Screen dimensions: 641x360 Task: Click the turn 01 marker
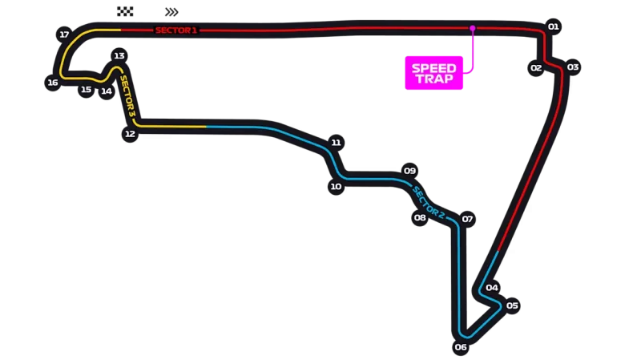[x=553, y=26]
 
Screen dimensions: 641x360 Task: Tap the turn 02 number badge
[x=536, y=68]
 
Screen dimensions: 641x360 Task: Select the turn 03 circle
[x=573, y=67]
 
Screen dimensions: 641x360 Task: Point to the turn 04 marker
[x=492, y=288]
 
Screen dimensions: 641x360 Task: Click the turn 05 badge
[x=512, y=305]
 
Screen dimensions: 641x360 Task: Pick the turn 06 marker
[x=460, y=347]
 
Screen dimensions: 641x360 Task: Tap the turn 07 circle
[x=467, y=219]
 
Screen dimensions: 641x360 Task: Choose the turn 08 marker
[x=420, y=217]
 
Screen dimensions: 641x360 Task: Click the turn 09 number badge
[x=409, y=171]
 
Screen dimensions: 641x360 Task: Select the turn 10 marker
[x=336, y=187]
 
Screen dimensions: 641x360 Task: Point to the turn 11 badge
[x=336, y=143]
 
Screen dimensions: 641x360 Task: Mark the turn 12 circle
[x=130, y=134]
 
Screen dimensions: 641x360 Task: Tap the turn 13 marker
[x=119, y=55]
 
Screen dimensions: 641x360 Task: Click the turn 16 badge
[x=53, y=83]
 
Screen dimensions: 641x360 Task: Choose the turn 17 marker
[x=64, y=34]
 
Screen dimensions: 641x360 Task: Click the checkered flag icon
[x=125, y=11]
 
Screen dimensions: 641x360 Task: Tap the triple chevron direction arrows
[x=171, y=12]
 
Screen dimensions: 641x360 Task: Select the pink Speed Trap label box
[x=433, y=73]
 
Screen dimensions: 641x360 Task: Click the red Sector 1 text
[x=176, y=30]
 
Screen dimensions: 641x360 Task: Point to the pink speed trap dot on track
[x=472, y=28]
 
